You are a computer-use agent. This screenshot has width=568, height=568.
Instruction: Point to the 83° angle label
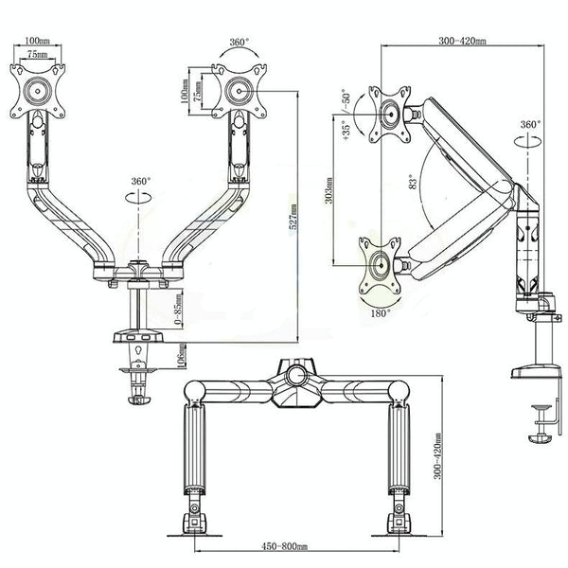[410, 182]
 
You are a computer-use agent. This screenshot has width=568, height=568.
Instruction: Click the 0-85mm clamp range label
[179, 309]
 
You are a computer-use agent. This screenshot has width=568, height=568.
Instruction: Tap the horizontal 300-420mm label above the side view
[462, 42]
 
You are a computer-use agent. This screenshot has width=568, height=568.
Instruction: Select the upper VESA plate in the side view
[390, 112]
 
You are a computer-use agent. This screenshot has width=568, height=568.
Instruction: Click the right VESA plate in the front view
[237, 92]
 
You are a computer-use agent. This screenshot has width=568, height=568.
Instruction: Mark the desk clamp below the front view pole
[139, 383]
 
